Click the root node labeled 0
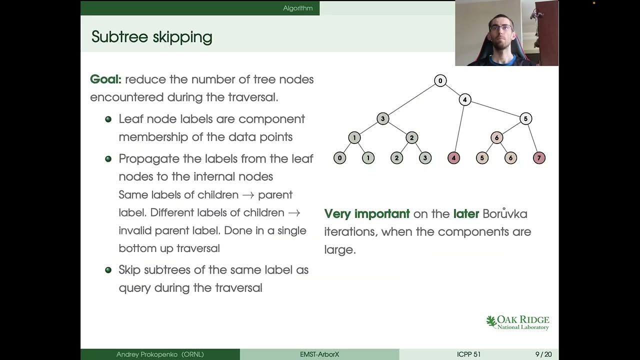point(440,81)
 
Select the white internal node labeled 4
point(464,100)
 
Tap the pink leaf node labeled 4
point(453,158)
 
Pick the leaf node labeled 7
point(539,158)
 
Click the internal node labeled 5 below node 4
point(525,119)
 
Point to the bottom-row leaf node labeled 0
point(339,158)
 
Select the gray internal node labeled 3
point(382,119)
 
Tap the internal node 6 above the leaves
point(496,138)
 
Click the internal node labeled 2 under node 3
point(411,138)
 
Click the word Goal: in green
point(105,79)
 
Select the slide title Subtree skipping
point(151,37)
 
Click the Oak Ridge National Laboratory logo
point(517,322)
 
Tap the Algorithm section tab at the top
point(297,8)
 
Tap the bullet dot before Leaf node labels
point(108,119)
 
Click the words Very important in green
point(367,214)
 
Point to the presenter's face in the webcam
point(501,29)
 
